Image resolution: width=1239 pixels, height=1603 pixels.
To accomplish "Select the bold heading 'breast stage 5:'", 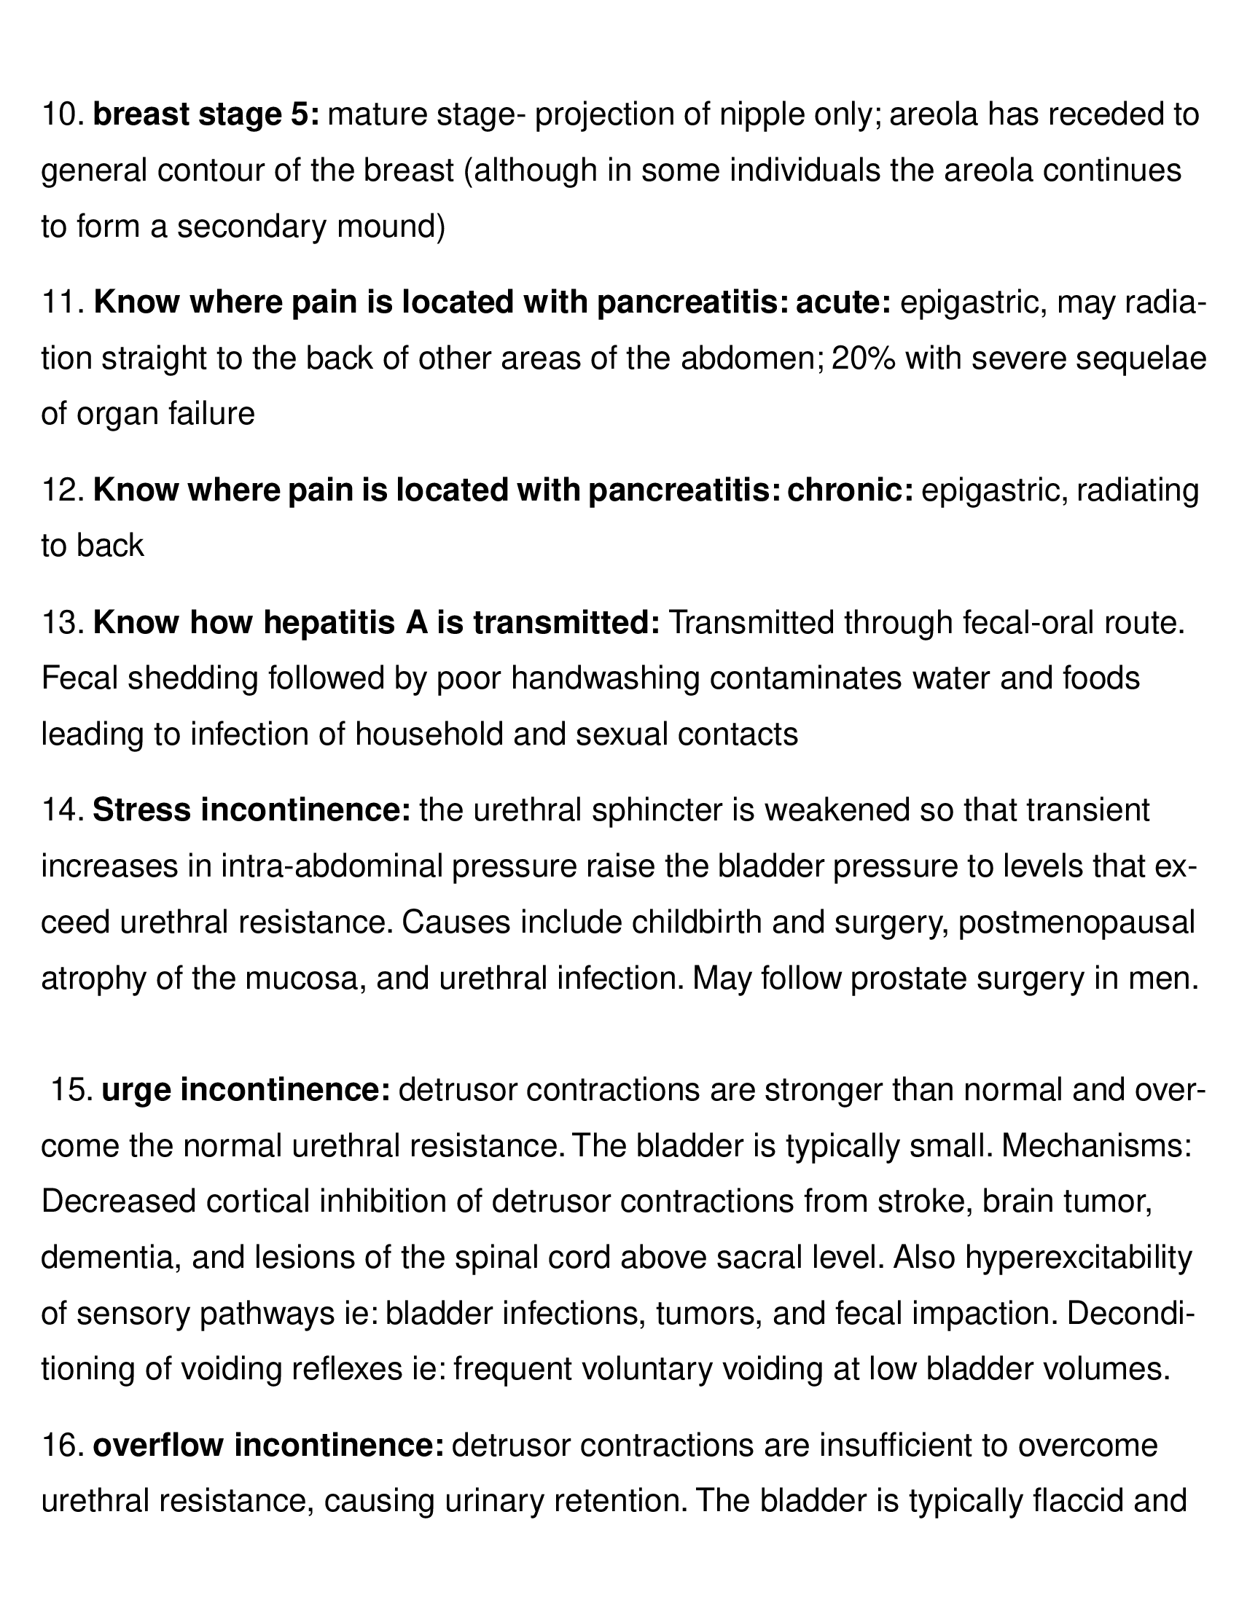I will pyautogui.click(x=206, y=115).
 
